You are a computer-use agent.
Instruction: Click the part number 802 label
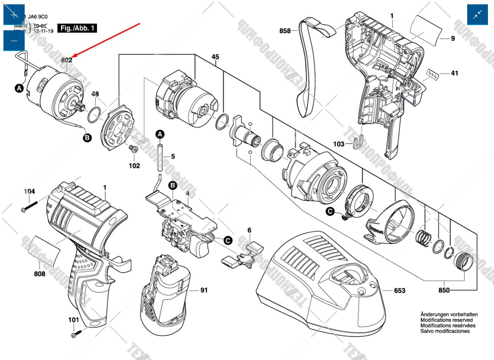click(66, 60)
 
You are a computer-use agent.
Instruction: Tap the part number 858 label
click(285, 31)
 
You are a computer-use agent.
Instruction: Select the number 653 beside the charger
click(400, 290)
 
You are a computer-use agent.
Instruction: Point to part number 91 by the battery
click(204, 290)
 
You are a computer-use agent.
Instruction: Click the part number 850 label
click(444, 290)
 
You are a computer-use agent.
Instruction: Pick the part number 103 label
click(339, 144)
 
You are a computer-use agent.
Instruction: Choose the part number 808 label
click(40, 273)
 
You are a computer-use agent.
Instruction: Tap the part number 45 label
click(215, 57)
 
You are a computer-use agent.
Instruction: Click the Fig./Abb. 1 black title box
click(77, 28)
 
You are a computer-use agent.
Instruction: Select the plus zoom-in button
click(14, 15)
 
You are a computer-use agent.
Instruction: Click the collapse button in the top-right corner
click(478, 15)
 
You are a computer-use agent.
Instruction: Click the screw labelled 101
click(77, 334)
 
